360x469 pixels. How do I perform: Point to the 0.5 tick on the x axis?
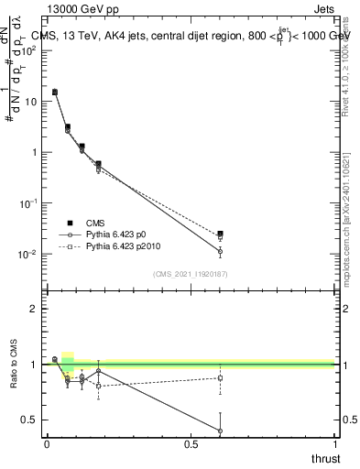pos(191,443)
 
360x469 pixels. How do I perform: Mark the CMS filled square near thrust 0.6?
pos(220,234)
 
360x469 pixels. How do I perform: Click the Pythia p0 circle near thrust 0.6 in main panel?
pos(220,251)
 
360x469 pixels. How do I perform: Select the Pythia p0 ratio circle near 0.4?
pos(220,431)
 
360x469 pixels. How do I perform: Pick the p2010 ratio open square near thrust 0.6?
pos(220,377)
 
